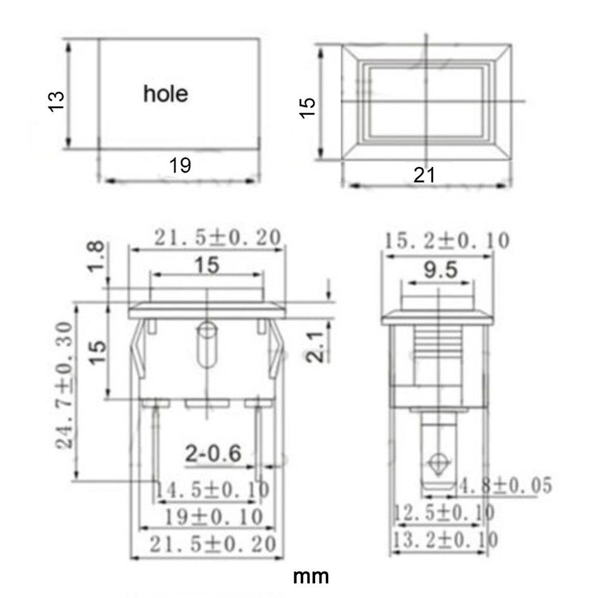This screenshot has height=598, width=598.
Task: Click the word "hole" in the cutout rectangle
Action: (x=165, y=94)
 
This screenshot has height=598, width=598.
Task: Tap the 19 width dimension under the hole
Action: (x=180, y=166)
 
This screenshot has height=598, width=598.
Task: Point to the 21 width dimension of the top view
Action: (x=424, y=176)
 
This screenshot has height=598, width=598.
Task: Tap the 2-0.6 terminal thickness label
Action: (x=213, y=453)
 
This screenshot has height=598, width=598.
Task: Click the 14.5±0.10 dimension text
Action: (x=211, y=490)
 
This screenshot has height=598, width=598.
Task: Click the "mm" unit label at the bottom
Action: (x=311, y=576)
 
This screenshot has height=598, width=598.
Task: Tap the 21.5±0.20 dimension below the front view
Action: (x=212, y=544)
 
